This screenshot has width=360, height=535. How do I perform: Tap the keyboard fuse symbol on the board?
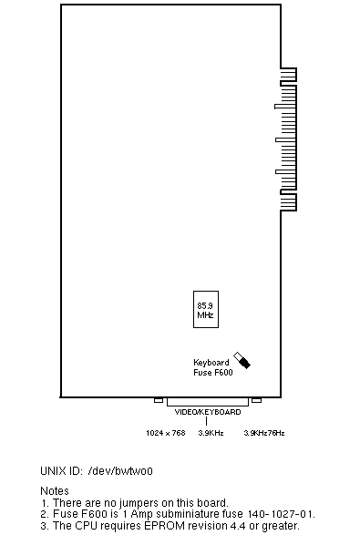242,360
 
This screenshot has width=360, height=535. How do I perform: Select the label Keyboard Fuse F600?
213,367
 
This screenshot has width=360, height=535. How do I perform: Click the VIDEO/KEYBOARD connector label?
208,412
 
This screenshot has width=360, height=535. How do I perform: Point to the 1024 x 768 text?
166,433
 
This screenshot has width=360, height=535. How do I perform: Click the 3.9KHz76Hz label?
263,433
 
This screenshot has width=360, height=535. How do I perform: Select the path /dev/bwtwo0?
120,471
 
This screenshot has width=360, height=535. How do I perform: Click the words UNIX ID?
61,471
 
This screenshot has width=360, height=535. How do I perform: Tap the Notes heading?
55,491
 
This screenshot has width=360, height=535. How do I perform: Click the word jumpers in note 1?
139,503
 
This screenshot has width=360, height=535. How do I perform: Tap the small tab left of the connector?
159,400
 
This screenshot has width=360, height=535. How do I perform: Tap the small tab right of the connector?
256,400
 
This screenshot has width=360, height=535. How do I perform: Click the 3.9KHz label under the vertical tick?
211,433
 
